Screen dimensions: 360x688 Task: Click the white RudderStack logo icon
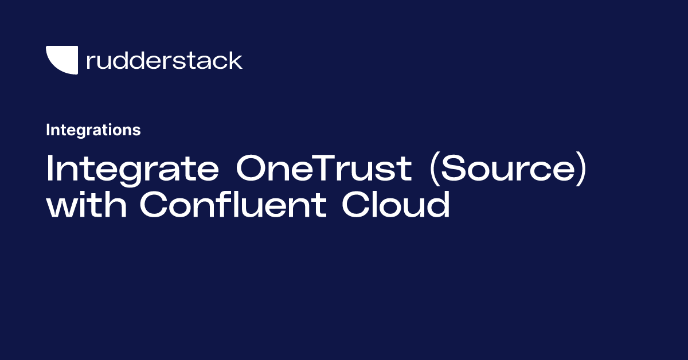61,60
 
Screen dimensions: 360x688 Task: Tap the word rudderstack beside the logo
164,61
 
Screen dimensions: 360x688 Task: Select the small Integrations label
93,130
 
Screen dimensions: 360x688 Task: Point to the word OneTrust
323,169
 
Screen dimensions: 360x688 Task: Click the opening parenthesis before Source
432,170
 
